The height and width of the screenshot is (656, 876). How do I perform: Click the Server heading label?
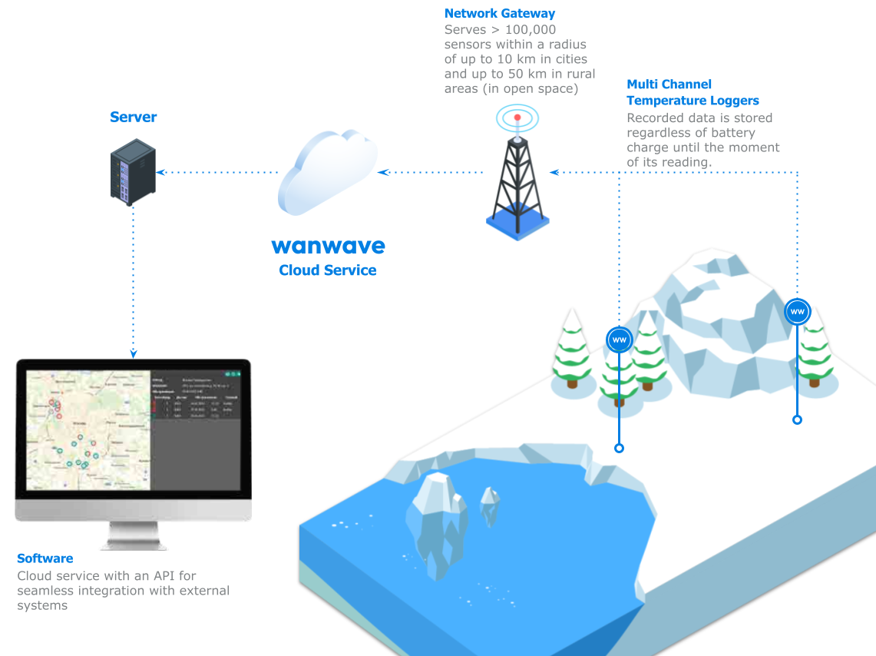(133, 118)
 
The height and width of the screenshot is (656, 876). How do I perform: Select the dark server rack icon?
(133, 172)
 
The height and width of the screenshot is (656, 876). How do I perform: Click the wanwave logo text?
(328, 247)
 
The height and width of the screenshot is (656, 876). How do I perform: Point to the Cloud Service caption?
(328, 270)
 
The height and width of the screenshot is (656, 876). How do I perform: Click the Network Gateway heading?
(500, 14)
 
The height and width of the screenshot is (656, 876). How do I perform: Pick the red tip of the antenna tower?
(517, 118)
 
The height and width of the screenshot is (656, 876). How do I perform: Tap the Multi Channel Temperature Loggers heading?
(693, 92)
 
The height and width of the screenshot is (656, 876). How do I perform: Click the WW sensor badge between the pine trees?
(619, 339)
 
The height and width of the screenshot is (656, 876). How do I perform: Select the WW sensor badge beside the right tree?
(797, 312)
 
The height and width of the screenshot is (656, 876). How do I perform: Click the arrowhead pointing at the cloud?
(382, 172)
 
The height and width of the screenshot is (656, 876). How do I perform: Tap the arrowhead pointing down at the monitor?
(134, 353)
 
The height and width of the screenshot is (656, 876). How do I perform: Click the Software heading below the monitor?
(45, 558)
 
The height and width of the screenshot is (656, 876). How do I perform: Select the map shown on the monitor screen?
(88, 431)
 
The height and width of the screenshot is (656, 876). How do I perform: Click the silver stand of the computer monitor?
(133, 535)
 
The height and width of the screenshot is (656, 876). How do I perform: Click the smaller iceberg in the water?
(490, 505)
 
